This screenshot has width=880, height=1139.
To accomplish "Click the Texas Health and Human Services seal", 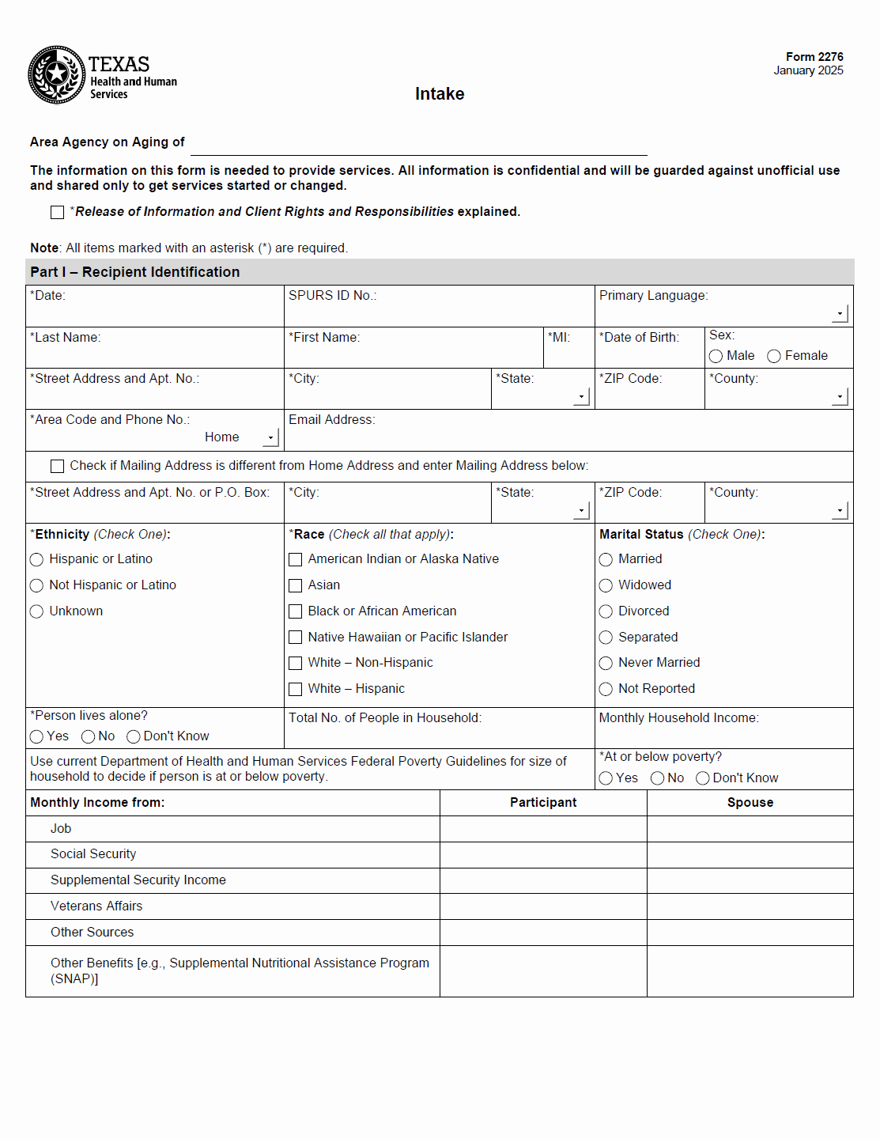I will (57, 74).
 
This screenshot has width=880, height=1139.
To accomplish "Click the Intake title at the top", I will (440, 94).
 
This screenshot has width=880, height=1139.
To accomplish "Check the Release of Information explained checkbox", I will (58, 213).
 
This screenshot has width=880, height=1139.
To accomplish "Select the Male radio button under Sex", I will (716, 357).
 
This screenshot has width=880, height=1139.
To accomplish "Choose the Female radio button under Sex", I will (774, 357).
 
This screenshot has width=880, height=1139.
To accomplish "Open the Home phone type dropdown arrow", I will (271, 437).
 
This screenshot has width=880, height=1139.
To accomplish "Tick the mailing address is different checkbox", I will (58, 467).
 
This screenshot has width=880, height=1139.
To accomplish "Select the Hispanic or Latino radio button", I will (36, 560).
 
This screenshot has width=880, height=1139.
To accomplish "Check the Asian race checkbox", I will (296, 586).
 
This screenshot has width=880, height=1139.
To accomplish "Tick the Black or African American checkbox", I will (296, 612).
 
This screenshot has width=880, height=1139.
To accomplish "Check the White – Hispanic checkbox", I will (296, 690).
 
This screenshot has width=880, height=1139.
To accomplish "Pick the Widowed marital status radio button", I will (606, 586).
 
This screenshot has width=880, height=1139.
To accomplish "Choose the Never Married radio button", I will (606, 664).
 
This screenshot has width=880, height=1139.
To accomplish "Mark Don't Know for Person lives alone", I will (134, 737).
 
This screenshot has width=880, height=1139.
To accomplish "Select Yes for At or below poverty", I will (606, 779).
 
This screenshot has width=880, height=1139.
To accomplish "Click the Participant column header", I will (543, 803).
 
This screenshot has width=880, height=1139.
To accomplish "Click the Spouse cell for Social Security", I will (750, 855).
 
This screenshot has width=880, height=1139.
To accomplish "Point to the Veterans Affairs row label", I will (96, 906).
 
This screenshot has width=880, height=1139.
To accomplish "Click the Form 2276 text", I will (814, 57).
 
